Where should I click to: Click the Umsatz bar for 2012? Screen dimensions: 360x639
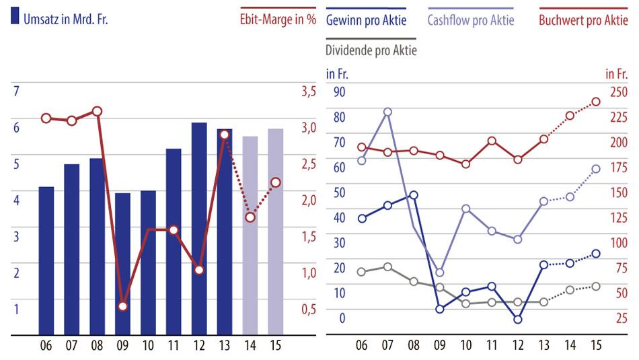(199, 229)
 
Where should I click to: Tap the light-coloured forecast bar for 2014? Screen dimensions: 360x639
(250, 236)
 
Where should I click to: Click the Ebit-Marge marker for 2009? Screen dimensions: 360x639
(122, 306)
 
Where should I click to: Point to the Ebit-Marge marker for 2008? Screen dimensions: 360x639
(97, 111)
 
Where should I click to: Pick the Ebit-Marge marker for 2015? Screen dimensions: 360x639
(276, 182)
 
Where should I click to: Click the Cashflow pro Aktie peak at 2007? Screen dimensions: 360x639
(387, 112)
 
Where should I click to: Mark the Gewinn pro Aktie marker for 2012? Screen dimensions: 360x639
(517, 320)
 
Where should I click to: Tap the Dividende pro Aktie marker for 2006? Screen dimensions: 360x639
(361, 272)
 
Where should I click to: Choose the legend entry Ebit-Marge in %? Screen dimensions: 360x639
(278, 20)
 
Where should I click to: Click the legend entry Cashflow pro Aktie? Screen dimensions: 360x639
(470, 20)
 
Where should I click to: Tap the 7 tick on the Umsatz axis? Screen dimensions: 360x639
(16, 91)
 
